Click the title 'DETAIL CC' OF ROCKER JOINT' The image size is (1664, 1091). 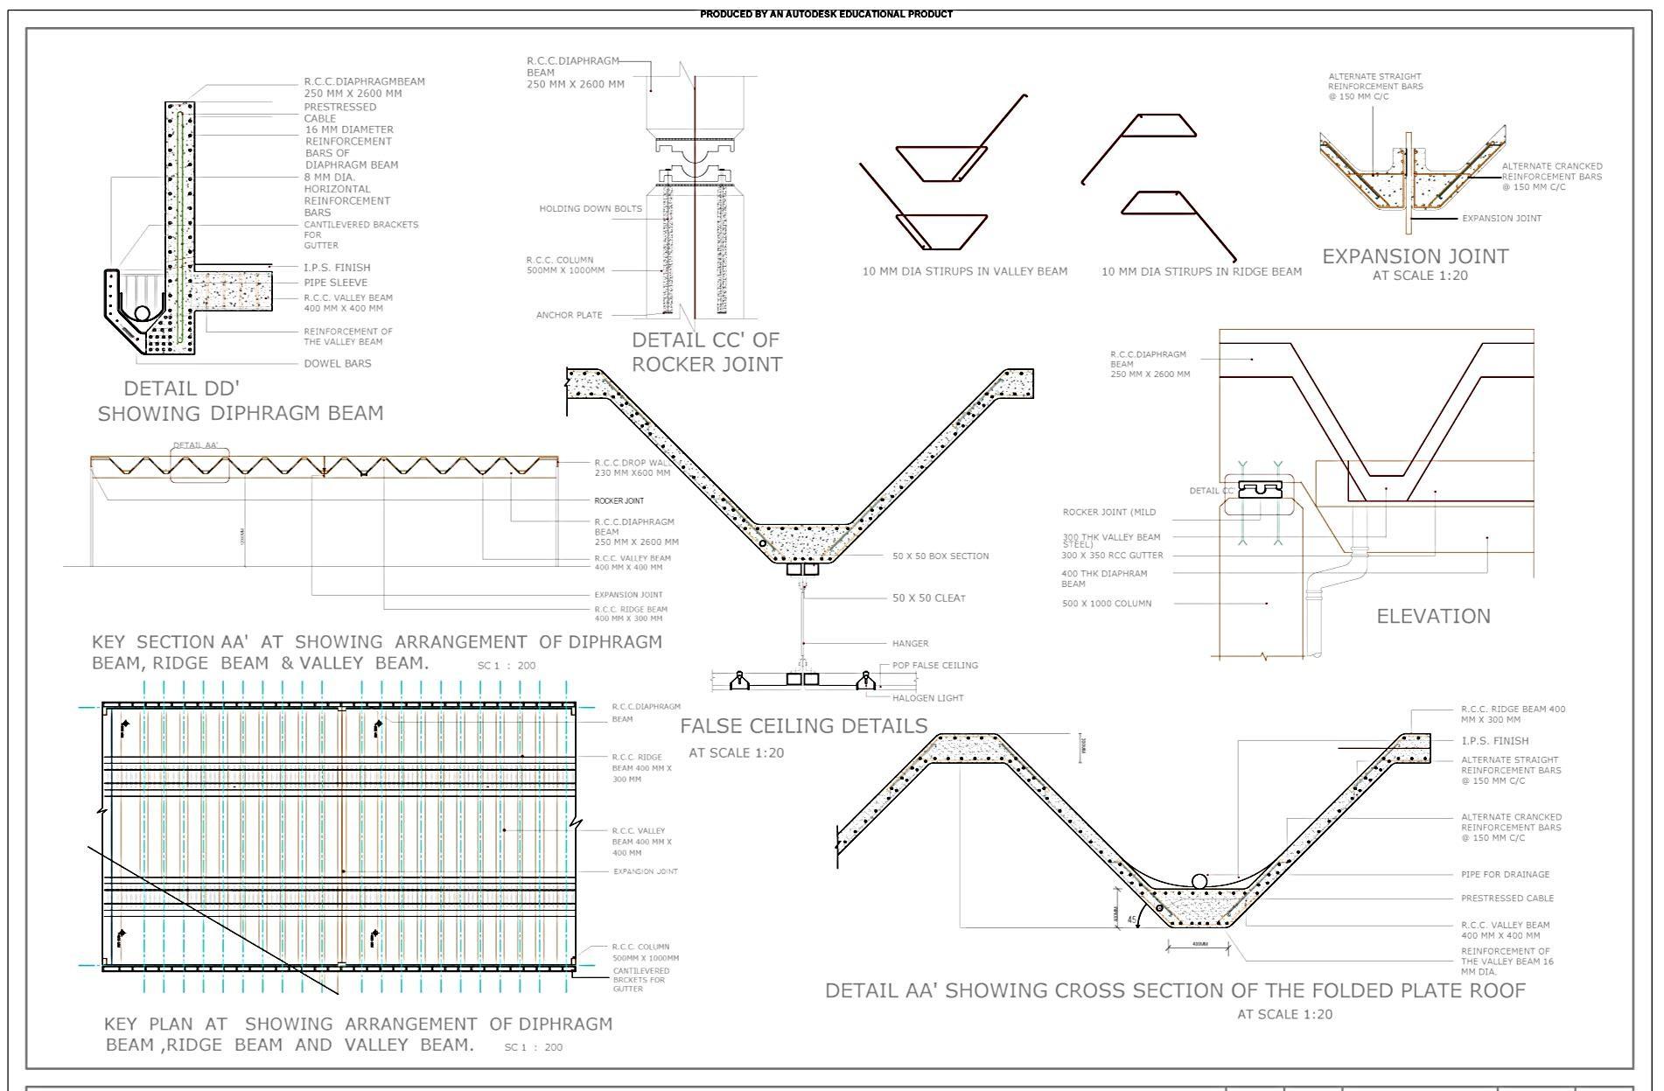pos(706,352)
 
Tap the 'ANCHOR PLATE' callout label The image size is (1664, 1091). pos(569,315)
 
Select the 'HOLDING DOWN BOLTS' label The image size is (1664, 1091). pos(591,209)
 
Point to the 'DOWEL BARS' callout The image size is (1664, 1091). pos(338,364)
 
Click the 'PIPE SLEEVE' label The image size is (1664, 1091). pos(336,283)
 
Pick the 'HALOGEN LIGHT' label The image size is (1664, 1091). pos(927,698)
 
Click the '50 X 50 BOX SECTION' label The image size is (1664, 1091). pos(940,556)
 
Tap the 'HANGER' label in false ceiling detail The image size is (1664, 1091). pos(911,644)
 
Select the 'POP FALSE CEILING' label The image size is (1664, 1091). pos(935,666)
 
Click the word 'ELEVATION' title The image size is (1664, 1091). pos(1433,617)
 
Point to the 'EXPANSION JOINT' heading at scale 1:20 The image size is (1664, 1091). pos(1415,257)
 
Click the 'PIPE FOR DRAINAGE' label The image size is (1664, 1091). pos(1505,875)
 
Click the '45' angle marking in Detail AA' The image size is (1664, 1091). pos(1132,920)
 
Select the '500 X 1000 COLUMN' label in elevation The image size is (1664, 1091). pos(1107,604)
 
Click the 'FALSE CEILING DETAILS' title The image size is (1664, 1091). pos(803,726)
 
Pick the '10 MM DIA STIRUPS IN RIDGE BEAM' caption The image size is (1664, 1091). pos(1201,272)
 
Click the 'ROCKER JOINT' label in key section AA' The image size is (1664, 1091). pos(619,501)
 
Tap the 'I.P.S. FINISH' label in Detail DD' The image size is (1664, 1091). pos(337,268)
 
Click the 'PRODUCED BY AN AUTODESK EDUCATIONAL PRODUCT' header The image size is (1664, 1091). pos(826,14)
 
